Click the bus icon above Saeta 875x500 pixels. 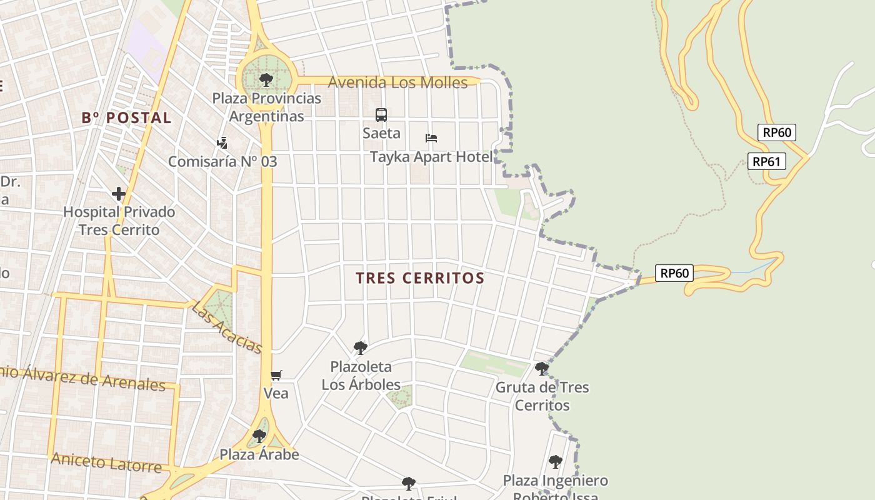click(x=381, y=115)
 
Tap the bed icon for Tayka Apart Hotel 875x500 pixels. click(x=431, y=138)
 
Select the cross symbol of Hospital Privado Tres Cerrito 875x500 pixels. click(x=119, y=194)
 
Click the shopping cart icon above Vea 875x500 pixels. click(x=276, y=375)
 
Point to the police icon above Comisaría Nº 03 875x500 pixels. click(x=222, y=143)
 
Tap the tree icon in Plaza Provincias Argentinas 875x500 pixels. click(x=266, y=79)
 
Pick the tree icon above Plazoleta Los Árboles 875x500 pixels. click(x=360, y=347)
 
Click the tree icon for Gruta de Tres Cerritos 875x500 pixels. click(x=542, y=369)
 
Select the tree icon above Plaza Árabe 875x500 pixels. click(x=259, y=436)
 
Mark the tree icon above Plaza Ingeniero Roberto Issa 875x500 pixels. click(x=555, y=462)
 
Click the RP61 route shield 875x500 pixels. click(x=766, y=161)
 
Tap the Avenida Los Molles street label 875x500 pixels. click(x=397, y=82)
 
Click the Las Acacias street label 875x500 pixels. click(x=226, y=327)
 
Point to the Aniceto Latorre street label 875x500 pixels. click(x=106, y=463)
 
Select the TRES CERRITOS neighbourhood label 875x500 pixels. click(x=421, y=278)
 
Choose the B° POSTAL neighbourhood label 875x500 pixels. click(x=126, y=117)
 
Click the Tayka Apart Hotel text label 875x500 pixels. click(x=431, y=157)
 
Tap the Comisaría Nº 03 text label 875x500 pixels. click(x=222, y=161)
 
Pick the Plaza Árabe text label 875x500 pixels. click(x=259, y=454)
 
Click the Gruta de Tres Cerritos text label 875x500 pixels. click(x=542, y=396)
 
